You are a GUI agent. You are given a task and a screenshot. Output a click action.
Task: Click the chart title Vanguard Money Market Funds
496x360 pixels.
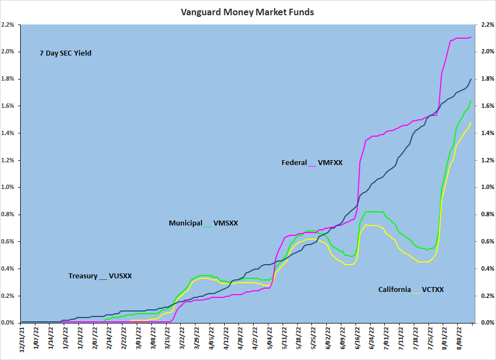pyautogui.click(x=248, y=11)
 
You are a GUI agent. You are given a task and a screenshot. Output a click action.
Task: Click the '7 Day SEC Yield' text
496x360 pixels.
pyautogui.click(x=65, y=53)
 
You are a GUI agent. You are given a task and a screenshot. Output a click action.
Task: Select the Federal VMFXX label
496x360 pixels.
pyautogui.click(x=312, y=162)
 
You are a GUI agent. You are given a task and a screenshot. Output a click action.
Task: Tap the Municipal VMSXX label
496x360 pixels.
pyautogui.click(x=203, y=223)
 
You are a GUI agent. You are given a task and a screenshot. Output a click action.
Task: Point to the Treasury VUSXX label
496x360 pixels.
pyautogui.click(x=100, y=276)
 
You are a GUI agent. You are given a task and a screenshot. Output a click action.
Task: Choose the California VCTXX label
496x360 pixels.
pyautogui.click(x=411, y=290)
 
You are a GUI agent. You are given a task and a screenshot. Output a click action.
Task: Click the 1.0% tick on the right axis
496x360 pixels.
pyautogui.click(x=485, y=187)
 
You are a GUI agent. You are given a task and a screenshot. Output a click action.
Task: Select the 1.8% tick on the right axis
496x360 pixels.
pyautogui.click(x=485, y=79)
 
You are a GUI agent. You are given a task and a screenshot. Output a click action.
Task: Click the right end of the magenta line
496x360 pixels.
pyautogui.click(x=471, y=37)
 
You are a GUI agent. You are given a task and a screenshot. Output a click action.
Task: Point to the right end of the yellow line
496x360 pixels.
pyautogui.click(x=471, y=122)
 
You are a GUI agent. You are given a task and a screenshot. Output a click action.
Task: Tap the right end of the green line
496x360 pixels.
pyautogui.click(x=471, y=100)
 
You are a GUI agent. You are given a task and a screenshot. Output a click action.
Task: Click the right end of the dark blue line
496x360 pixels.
pyautogui.click(x=471, y=79)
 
